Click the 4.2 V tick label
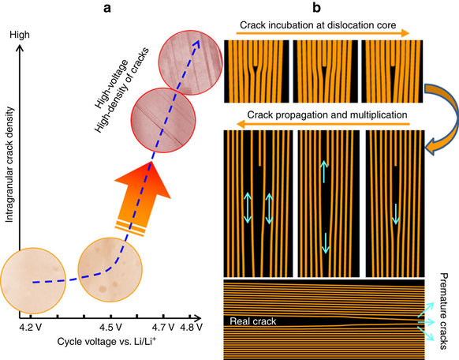coord(31,327)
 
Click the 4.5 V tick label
coord(110,327)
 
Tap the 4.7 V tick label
coord(163,327)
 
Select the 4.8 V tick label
coord(191,327)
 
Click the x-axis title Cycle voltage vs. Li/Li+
coord(106,341)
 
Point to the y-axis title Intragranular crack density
coord(9,165)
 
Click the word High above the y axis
coord(20,35)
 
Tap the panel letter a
coord(107,8)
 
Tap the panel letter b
coord(316,8)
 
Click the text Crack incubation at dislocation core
coord(318,25)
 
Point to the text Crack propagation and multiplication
coord(327,114)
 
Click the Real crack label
coord(253,321)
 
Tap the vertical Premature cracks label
coord(444,311)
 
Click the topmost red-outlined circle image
coord(191,62)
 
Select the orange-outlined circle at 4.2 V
coord(33,280)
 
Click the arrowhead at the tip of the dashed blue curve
coord(196,43)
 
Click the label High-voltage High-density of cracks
coord(121,89)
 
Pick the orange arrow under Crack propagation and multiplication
coord(323,125)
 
